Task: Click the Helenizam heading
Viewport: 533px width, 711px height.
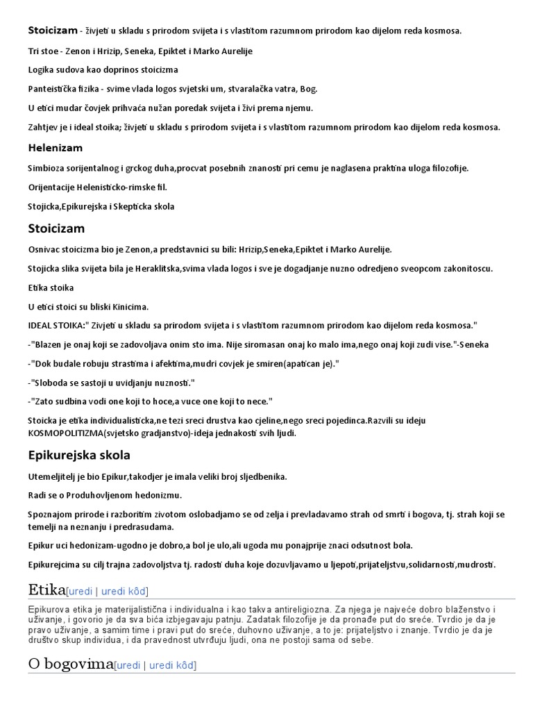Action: (x=55, y=148)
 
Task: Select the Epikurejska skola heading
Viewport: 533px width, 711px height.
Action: (x=78, y=455)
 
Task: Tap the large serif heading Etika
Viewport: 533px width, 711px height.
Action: (x=46, y=590)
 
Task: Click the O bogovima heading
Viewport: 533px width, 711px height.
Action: (x=70, y=664)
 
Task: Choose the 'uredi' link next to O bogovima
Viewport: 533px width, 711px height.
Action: (x=128, y=665)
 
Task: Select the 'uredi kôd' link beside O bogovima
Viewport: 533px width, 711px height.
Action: (x=173, y=665)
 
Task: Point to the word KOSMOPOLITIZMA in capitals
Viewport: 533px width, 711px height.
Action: (x=65, y=433)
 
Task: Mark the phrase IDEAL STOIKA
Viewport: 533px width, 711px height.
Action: (x=56, y=326)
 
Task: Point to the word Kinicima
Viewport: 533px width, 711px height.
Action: (x=128, y=306)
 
